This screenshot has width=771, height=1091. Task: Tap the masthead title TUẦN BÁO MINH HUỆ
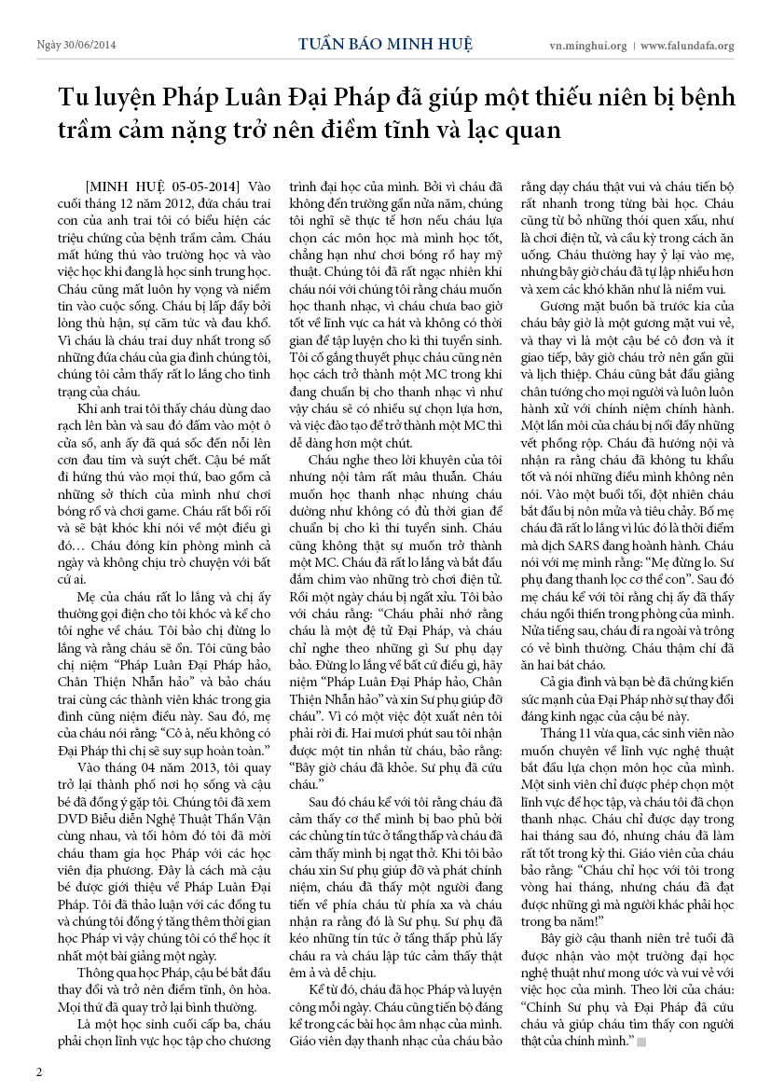click(385, 44)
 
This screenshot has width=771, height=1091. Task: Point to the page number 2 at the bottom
click(39, 1070)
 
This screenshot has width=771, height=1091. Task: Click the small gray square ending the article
click(641, 1040)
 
